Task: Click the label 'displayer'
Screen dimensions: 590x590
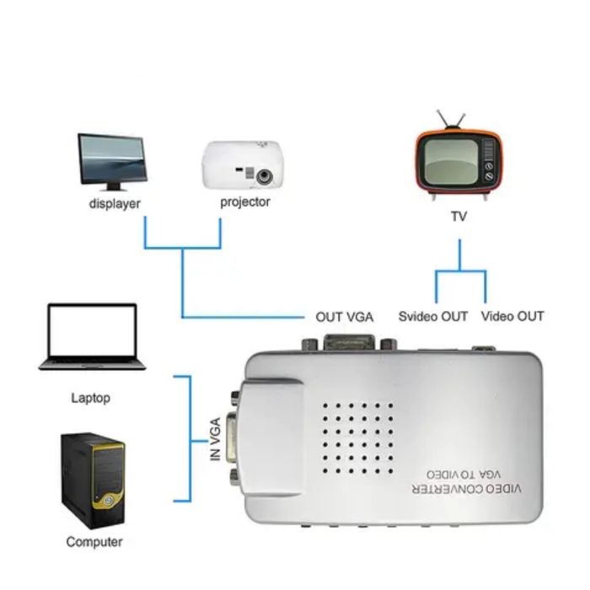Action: pos(115,204)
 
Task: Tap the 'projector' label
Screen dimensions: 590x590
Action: pos(245,202)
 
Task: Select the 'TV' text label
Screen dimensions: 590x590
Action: pos(459,217)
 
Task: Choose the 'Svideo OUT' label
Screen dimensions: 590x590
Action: pos(432,317)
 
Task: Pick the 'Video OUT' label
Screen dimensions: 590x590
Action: pos(512,317)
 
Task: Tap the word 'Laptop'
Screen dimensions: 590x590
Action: pos(90,398)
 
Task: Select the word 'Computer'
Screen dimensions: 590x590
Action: pos(94,542)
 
